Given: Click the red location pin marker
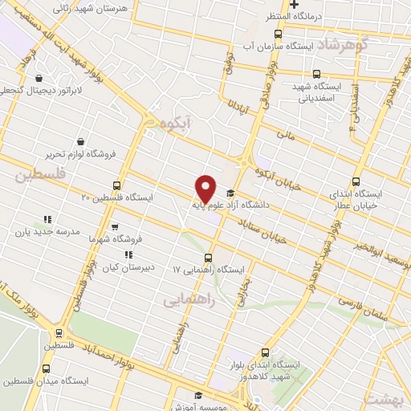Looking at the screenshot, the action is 206,188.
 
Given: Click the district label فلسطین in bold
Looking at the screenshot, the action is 37,173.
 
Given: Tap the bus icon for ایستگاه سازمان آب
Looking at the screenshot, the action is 279,34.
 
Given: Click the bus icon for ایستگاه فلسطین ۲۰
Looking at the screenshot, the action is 118,185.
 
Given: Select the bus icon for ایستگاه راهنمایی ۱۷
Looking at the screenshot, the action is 209,258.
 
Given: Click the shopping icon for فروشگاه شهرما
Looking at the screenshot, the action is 114,226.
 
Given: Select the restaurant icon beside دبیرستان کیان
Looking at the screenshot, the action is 128,254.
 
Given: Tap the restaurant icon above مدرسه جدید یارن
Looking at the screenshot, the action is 47,218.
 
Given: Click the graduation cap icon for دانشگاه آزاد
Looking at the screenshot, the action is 231,193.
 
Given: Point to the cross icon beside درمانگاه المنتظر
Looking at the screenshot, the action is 294,5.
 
